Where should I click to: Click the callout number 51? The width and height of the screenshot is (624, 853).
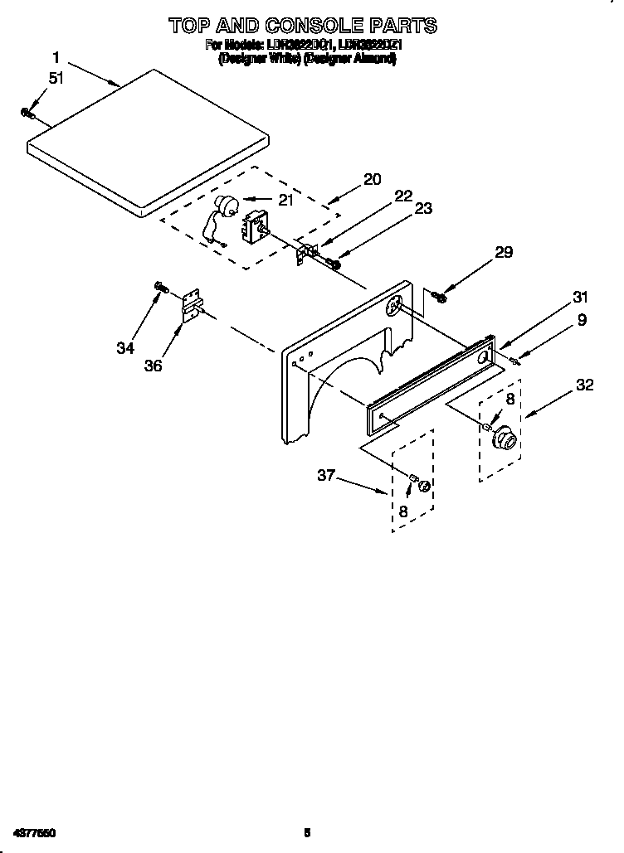click(x=56, y=79)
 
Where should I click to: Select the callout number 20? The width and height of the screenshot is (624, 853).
click(x=372, y=179)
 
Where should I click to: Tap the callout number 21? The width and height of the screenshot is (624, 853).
click(x=285, y=199)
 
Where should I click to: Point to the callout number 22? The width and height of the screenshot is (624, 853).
click(x=403, y=196)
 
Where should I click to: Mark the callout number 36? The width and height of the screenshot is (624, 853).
click(x=153, y=365)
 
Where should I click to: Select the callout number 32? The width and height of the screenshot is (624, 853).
click(x=584, y=384)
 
